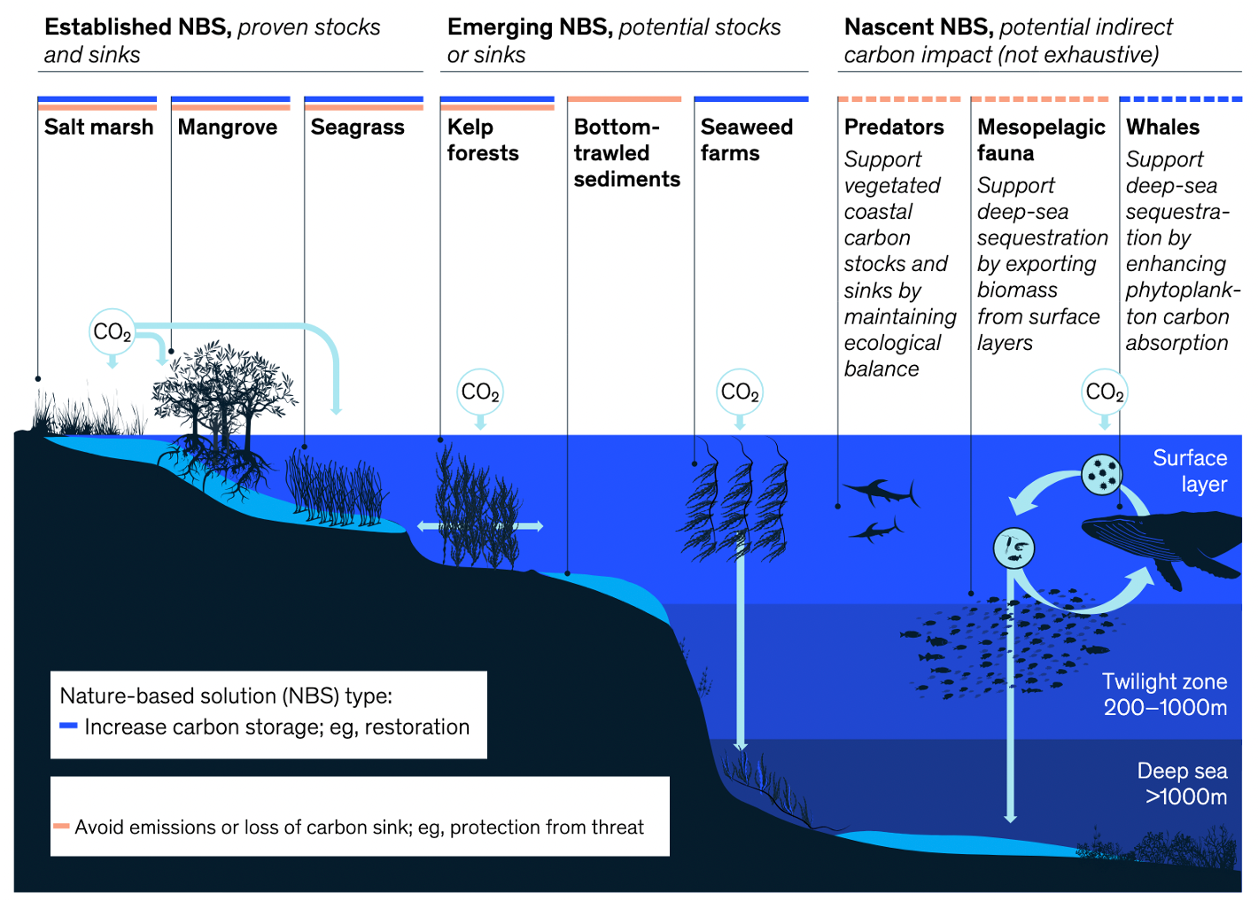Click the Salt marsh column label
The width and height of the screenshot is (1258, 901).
(x=98, y=128)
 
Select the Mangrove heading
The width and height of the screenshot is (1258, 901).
(x=227, y=128)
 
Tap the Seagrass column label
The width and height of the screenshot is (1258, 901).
(x=357, y=128)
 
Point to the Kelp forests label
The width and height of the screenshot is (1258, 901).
(x=483, y=140)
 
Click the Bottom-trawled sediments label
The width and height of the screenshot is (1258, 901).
(x=626, y=153)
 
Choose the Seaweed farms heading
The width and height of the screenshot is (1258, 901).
(x=746, y=140)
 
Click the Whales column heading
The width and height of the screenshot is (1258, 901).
(x=1162, y=128)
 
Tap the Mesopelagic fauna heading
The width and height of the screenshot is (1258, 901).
(x=1041, y=140)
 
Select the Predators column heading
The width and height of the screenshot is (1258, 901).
(x=894, y=128)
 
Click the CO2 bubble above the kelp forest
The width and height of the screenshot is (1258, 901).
(x=480, y=392)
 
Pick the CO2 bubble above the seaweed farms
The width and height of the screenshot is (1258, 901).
(x=740, y=392)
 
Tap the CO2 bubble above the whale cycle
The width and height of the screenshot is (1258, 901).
(x=1104, y=392)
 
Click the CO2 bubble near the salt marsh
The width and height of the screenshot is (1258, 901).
(x=113, y=332)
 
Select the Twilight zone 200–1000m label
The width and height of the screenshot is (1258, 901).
(x=1164, y=695)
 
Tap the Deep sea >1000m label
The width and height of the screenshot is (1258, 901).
(x=1182, y=784)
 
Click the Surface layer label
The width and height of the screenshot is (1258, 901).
(x=1189, y=470)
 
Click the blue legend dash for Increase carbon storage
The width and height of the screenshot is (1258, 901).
(x=68, y=726)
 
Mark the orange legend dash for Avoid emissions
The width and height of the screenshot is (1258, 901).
(x=61, y=827)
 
